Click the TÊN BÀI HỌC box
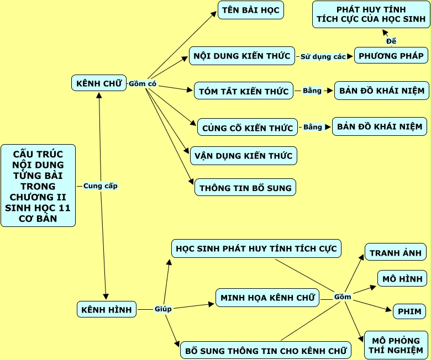pyautogui.click(x=251, y=10)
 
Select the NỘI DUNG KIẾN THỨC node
pyautogui.click(x=242, y=56)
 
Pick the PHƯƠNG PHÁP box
pyautogui.click(x=391, y=55)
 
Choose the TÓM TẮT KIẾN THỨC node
pyautogui.click(x=243, y=91)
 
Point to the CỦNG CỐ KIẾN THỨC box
pyautogui.click(x=247, y=128)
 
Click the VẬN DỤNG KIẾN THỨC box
pyautogui.click(x=244, y=156)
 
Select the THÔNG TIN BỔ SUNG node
pyautogui.click(x=245, y=187)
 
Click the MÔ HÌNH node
pyautogui.click(x=402, y=278)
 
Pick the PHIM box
pyautogui.click(x=409, y=311)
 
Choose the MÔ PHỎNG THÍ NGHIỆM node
pyautogui.click(x=396, y=345)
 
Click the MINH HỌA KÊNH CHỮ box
pyautogui.click(x=267, y=298)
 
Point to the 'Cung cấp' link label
pyautogui.click(x=101, y=186)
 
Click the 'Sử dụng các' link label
pyautogui.click(x=323, y=56)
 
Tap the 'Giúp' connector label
pyautogui.click(x=163, y=309)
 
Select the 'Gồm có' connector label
pyautogui.click(x=143, y=84)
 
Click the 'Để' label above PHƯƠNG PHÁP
pyautogui.click(x=391, y=41)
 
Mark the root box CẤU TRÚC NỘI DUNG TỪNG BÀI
pyautogui.click(x=38, y=186)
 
